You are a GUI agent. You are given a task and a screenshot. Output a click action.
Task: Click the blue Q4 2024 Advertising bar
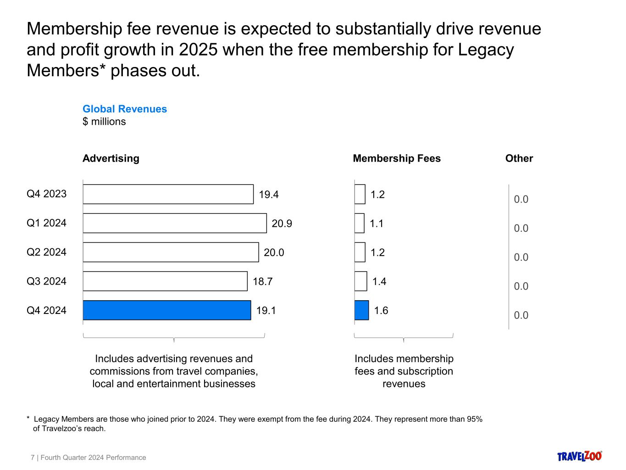167,310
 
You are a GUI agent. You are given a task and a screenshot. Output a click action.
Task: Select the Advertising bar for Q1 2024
175,223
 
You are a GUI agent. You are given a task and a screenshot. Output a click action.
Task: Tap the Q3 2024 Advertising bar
165,281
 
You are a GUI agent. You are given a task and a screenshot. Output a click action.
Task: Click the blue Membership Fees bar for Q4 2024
361,310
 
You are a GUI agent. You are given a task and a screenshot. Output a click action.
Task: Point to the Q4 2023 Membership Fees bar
360,194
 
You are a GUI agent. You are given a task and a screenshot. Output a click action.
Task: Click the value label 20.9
282,224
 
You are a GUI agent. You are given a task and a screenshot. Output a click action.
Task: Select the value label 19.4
269,195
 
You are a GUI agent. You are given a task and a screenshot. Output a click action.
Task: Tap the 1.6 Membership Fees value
381,311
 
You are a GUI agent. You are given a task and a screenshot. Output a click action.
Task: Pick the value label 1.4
379,281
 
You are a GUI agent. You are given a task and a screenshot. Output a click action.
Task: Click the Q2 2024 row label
46,252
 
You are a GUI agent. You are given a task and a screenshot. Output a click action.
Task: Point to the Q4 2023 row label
46,194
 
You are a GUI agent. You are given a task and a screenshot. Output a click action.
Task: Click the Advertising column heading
111,158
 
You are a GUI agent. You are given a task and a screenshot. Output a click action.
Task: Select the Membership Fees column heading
397,158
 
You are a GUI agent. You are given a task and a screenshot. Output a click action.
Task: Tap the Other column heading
519,158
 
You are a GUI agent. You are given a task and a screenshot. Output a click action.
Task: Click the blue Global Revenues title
125,109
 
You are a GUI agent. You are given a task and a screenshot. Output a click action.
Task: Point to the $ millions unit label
104,122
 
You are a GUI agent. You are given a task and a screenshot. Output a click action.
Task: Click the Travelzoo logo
580,456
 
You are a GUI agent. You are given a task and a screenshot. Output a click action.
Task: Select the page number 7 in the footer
33,458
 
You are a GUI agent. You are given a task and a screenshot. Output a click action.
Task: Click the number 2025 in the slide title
198,50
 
